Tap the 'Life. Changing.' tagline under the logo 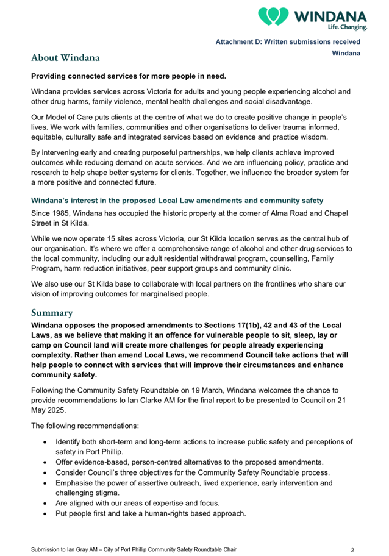(348, 27)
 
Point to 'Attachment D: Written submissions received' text (288, 41)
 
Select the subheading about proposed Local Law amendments (177, 200)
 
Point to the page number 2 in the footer (353, 550)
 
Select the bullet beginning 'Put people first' (150, 513)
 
